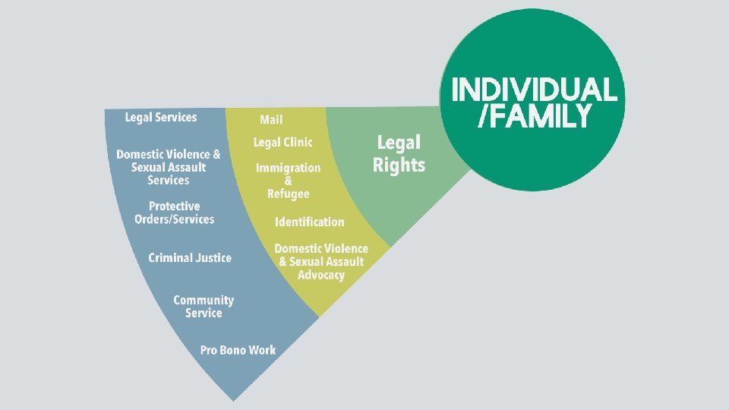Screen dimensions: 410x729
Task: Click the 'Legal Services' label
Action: click(161, 117)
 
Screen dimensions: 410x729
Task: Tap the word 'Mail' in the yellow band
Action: click(271, 119)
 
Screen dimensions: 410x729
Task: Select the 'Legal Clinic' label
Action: click(282, 142)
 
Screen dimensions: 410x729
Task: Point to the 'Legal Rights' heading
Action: click(399, 153)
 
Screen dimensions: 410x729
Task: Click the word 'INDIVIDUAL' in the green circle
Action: click(534, 90)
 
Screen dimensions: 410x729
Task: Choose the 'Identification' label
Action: click(309, 222)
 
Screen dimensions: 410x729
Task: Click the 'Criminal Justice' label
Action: click(190, 258)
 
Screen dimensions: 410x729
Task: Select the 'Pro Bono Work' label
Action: click(238, 350)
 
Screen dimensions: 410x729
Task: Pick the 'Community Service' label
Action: click(204, 307)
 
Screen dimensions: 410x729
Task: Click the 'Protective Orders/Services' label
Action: click(175, 213)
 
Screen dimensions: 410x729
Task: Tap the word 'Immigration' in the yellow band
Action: click(288, 168)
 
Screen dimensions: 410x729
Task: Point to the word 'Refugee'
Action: click(289, 194)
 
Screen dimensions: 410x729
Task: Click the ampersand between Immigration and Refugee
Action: click(288, 181)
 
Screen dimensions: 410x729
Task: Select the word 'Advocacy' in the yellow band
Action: click(321, 275)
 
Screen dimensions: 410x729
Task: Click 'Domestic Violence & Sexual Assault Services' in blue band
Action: click(169, 167)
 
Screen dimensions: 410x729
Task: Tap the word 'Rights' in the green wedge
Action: click(399, 165)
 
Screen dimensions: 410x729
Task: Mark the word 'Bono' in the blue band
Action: click(237, 350)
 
